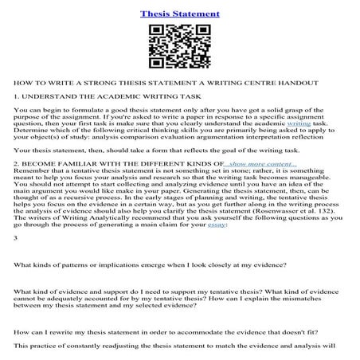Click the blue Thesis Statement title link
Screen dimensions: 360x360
pos(179,14)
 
